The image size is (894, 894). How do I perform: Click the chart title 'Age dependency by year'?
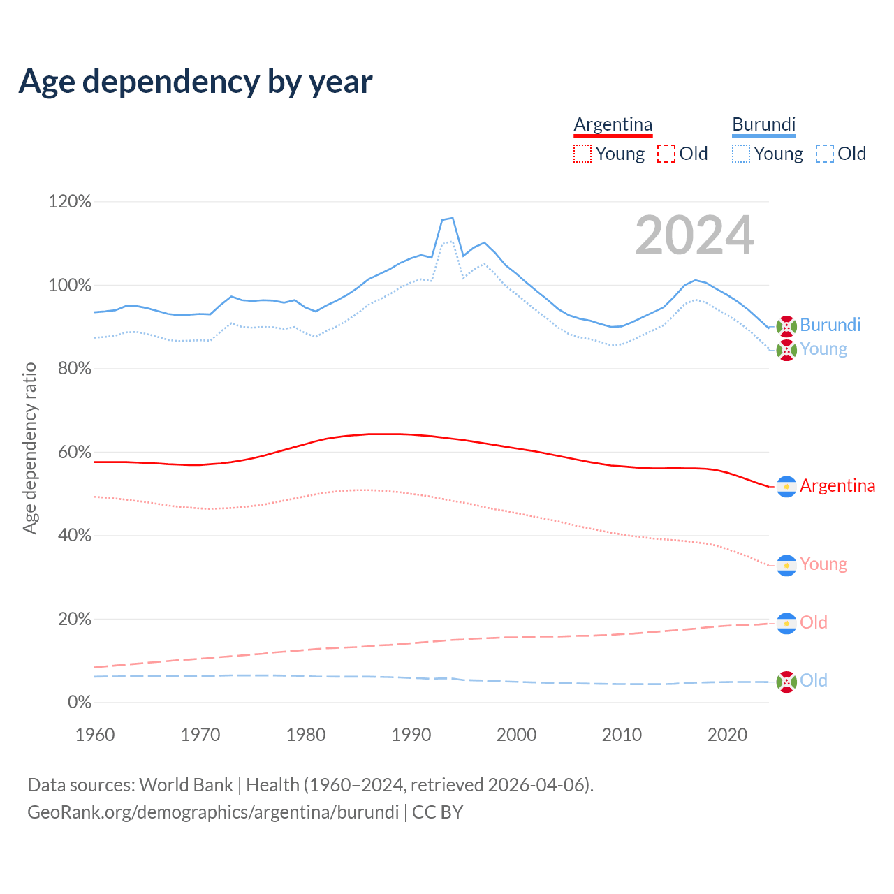tap(196, 82)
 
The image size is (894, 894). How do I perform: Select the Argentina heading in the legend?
tap(613, 124)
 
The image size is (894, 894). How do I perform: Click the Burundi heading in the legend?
tap(763, 124)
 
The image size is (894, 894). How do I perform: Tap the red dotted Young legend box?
tap(582, 154)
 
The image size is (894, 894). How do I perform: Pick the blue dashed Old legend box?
tap(825, 154)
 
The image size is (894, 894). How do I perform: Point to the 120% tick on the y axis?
tap(70, 202)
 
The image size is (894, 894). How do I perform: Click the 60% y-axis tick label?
tap(74, 453)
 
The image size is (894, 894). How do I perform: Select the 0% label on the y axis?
tap(79, 703)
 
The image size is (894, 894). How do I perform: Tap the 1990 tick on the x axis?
tap(411, 735)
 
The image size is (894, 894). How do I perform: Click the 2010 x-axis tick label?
tap(622, 735)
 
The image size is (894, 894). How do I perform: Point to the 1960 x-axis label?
tap(95, 735)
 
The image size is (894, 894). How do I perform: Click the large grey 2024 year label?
tap(694, 235)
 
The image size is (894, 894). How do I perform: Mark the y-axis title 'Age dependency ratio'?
tap(29, 448)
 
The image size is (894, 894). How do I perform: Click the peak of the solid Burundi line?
tap(453, 218)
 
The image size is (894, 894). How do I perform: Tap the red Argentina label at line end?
tap(837, 485)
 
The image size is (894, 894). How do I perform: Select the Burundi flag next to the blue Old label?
tap(786, 682)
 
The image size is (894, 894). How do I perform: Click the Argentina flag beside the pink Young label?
tap(786, 565)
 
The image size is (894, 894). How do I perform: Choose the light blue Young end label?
tap(823, 349)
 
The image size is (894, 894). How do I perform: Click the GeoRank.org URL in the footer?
tap(213, 812)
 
